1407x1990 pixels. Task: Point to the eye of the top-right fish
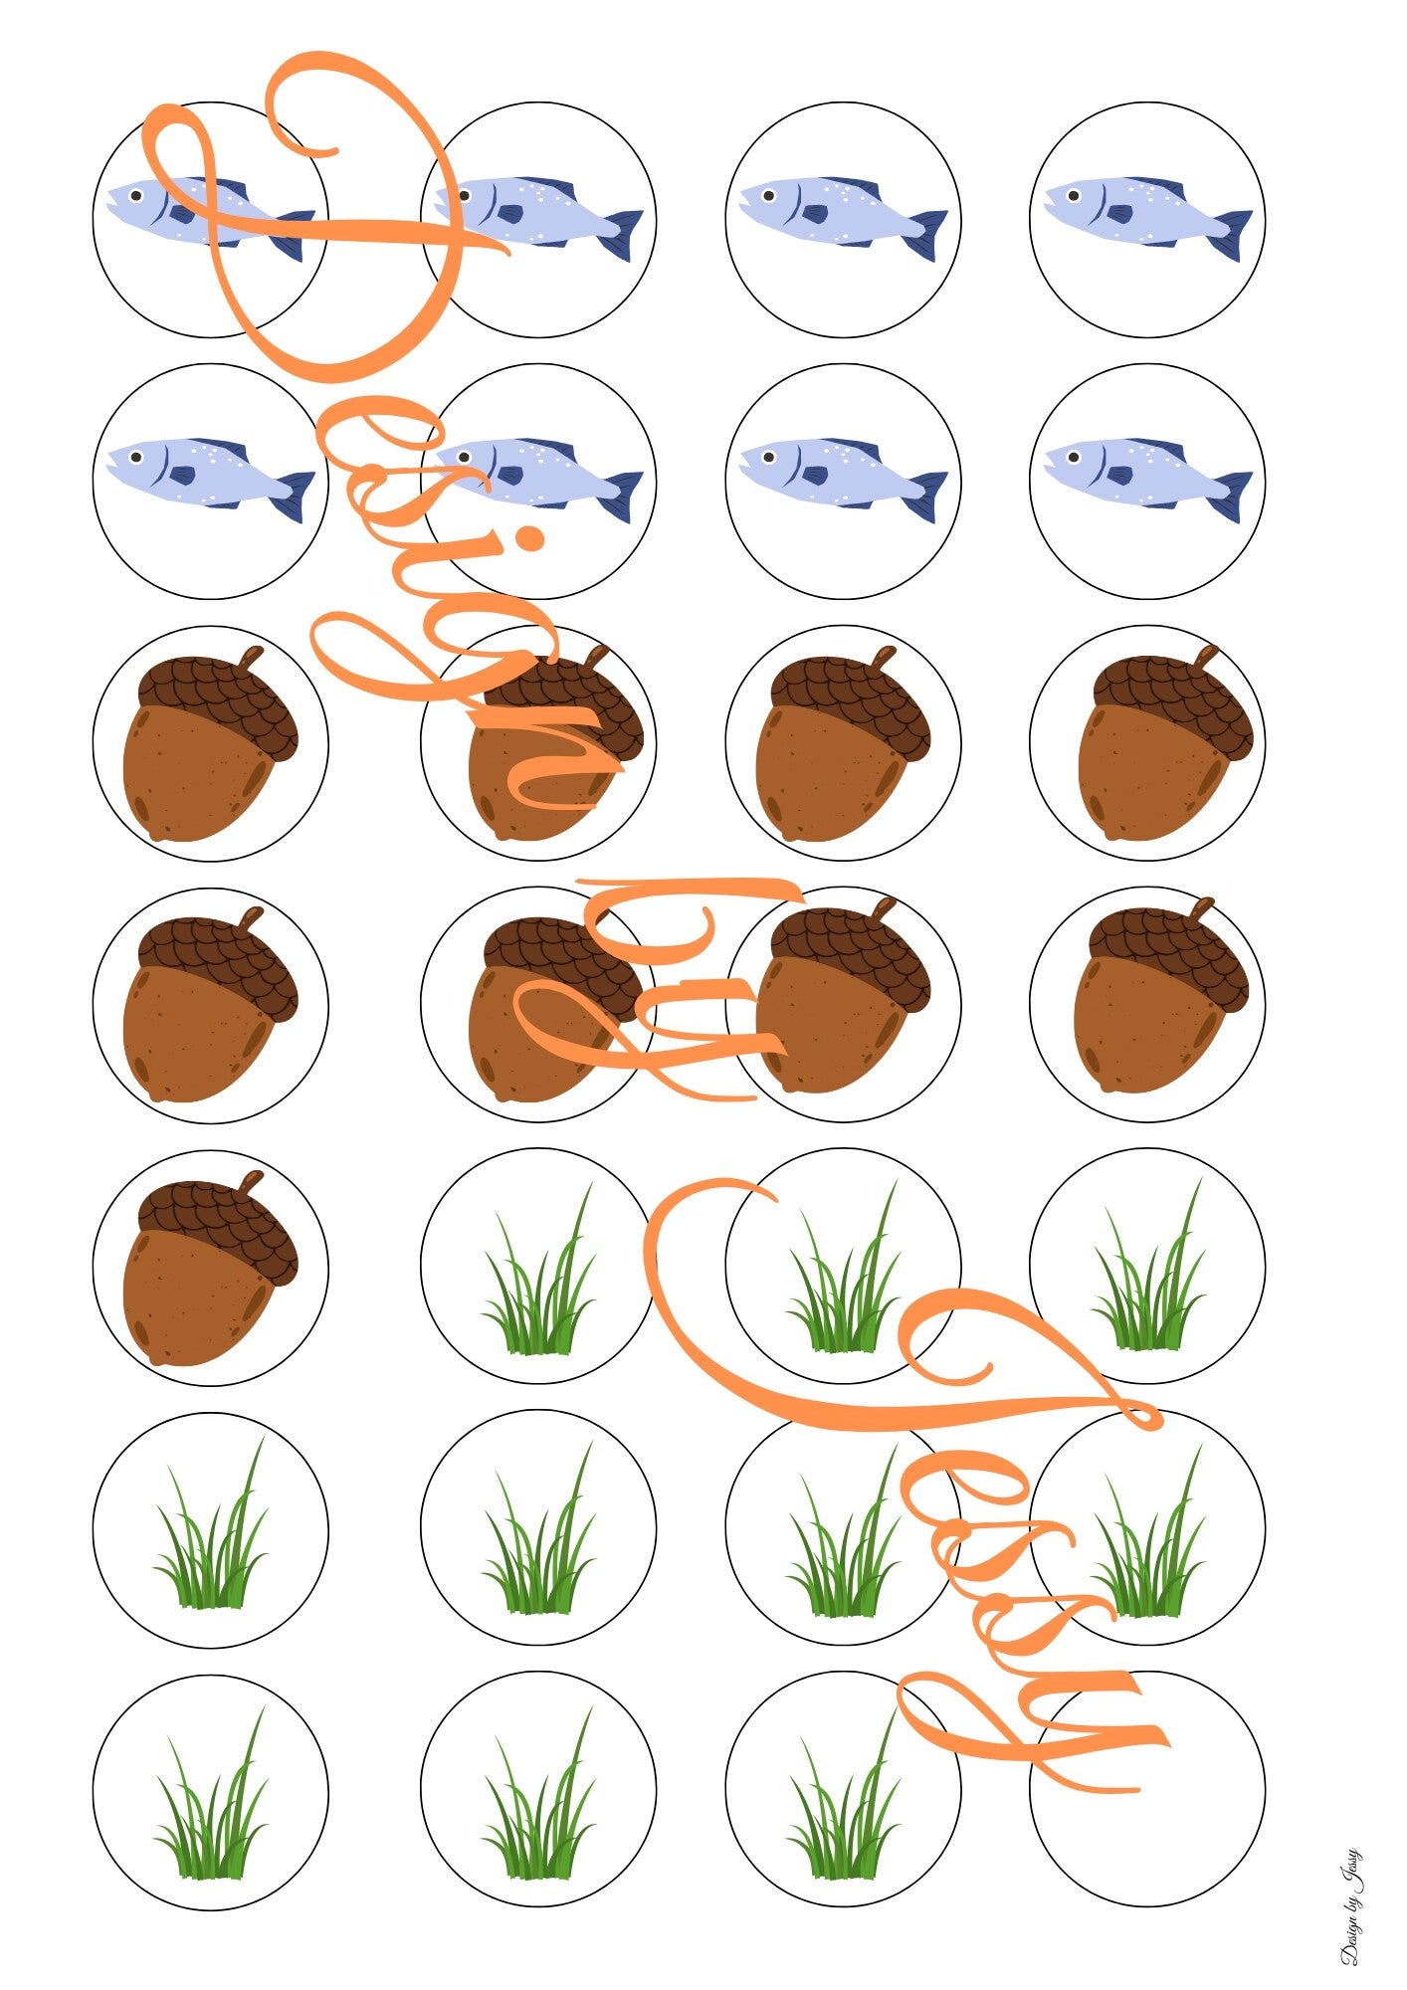click(x=1074, y=195)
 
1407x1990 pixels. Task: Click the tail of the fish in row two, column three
click(x=929, y=496)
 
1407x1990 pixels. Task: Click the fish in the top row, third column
click(x=841, y=211)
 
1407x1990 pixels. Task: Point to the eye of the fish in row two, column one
click(x=136, y=457)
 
